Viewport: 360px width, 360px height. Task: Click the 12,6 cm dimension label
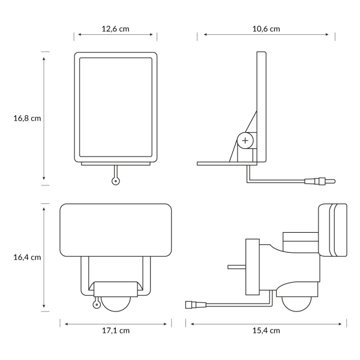point(115,29)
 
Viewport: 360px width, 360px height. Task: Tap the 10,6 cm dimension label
point(266,29)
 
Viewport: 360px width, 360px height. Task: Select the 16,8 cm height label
point(27,118)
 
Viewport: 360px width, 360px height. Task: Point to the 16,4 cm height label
point(27,257)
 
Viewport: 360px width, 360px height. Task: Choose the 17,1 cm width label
point(116,331)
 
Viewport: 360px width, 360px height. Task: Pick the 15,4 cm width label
point(266,331)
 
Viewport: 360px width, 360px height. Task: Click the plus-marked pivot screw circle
point(245,140)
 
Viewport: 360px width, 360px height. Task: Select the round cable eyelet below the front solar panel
point(116,181)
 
